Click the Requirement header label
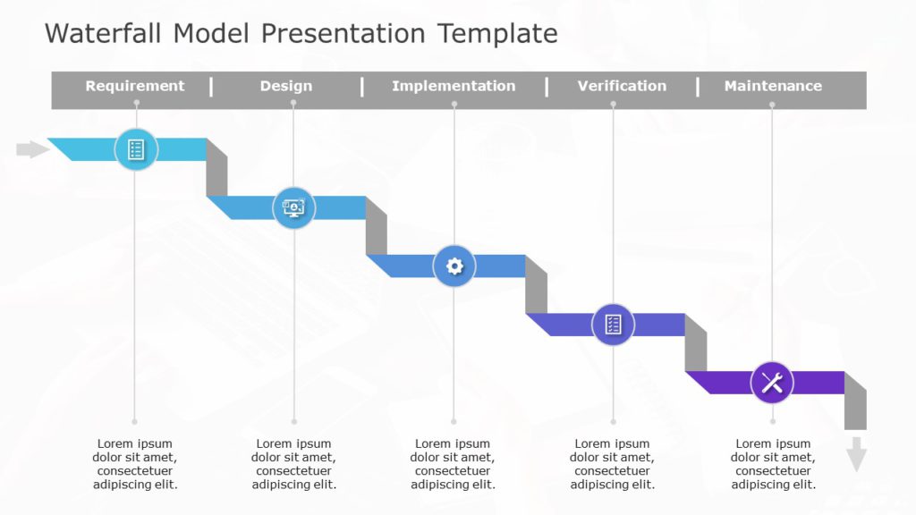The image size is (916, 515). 135,86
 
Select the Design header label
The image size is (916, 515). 286,86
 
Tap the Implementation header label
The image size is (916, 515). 454,86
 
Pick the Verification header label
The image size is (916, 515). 622,86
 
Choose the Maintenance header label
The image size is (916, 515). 773,86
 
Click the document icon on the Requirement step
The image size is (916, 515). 136,149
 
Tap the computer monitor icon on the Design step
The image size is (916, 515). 293,208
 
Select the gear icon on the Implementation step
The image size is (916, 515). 454,266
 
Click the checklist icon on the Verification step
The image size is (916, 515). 613,325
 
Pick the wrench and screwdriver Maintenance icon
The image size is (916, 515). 772,383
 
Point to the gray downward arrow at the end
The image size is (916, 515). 856,453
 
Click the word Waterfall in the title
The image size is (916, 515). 104,34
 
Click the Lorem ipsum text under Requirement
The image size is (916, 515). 135,464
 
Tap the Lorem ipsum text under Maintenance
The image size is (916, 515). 773,464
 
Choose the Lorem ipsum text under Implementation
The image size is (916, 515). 454,464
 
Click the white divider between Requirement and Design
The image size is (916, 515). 211,86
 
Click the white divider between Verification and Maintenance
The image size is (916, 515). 697,86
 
